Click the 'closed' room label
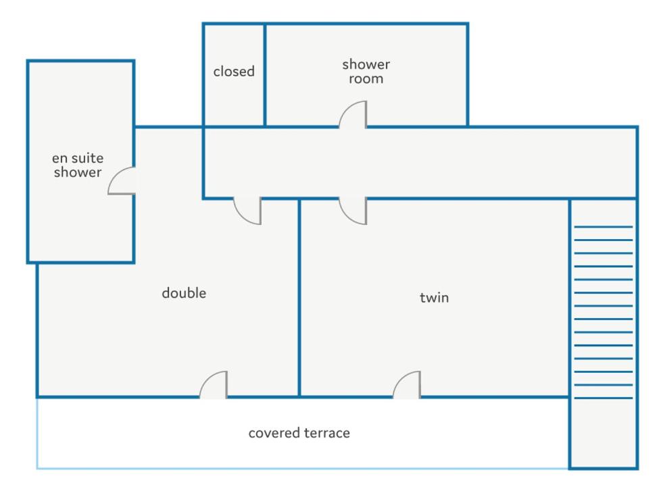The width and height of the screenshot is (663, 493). (234, 72)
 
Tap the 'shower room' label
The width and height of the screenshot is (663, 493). (366, 72)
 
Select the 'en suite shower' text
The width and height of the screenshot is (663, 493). (78, 165)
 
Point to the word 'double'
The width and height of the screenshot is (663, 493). (184, 292)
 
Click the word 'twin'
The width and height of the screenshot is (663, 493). (435, 297)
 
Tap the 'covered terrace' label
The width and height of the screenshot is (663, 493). (299, 433)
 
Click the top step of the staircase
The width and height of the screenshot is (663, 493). (604, 227)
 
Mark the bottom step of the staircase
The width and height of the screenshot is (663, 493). (604, 398)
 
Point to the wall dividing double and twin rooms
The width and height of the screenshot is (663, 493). (299, 298)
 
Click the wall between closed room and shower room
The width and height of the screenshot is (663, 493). (265, 75)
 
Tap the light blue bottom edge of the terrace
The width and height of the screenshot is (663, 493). (303, 468)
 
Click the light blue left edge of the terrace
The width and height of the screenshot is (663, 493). (37, 433)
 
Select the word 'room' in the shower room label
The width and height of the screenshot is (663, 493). (366, 79)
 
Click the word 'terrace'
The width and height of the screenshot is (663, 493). (327, 433)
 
